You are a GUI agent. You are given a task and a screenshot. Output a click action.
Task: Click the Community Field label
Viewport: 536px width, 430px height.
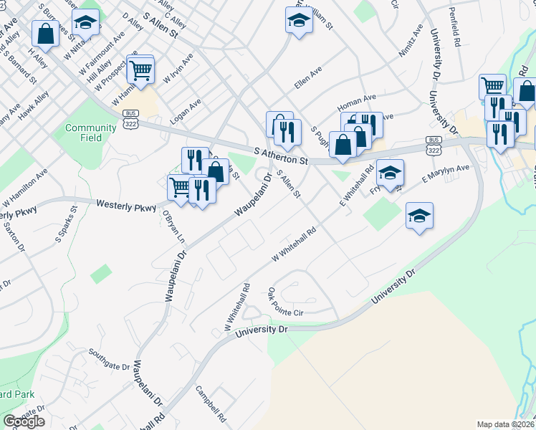90,133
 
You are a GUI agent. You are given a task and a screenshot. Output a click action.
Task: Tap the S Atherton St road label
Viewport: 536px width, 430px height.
281,156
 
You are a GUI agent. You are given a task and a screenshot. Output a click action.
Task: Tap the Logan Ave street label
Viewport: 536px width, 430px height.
186,112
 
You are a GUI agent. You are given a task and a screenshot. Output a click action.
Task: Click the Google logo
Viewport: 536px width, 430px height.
24,421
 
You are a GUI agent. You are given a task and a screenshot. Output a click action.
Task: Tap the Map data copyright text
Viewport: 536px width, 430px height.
506,424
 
